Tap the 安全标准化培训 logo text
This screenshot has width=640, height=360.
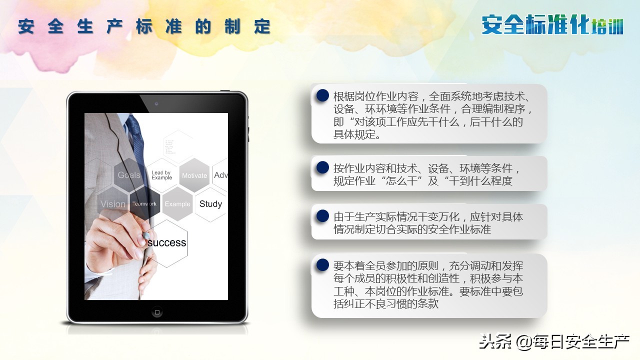pyautogui.click(x=552, y=24)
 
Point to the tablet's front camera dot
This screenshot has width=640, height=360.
pyautogui.click(x=156, y=103)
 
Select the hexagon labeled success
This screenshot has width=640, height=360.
pyautogui.click(x=166, y=243)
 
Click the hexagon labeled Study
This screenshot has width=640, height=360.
pyautogui.click(x=210, y=204)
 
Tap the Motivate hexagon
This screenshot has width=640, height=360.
pyautogui.click(x=194, y=175)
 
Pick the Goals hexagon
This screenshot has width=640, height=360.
pyautogui.click(x=129, y=175)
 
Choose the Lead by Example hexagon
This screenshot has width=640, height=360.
pyautogui.click(x=161, y=175)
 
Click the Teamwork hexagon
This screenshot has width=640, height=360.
pyautogui.click(x=144, y=204)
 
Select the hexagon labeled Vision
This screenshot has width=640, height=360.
pyautogui.click(x=113, y=204)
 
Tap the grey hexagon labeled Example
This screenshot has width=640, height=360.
pyautogui.click(x=177, y=204)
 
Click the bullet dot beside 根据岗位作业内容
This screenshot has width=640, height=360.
pyautogui.click(x=322, y=96)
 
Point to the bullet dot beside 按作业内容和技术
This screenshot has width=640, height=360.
pyautogui.click(x=322, y=168)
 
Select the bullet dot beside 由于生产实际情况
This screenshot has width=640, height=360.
pyautogui.click(x=322, y=216)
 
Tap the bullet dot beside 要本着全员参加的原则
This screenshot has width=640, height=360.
pyautogui.click(x=322, y=265)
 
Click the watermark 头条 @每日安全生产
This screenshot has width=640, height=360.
pyautogui.click(x=554, y=343)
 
